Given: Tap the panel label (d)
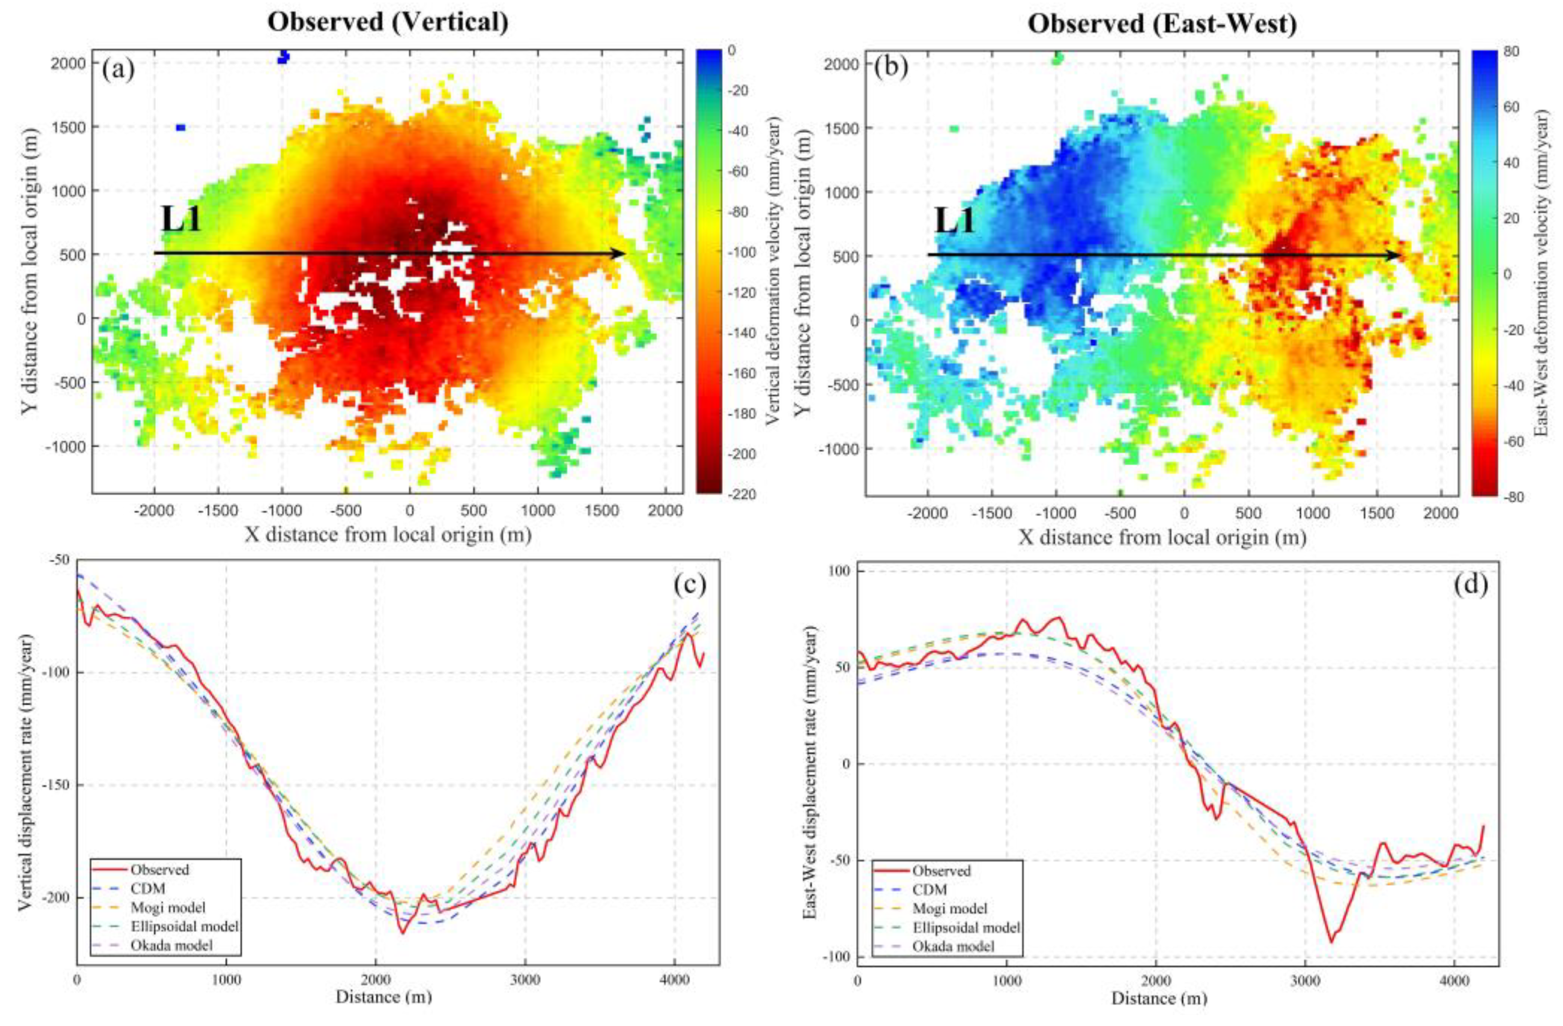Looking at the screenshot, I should click(1469, 584).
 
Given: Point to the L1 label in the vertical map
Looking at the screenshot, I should click(181, 220).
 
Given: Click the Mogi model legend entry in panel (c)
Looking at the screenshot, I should click(167, 908).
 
